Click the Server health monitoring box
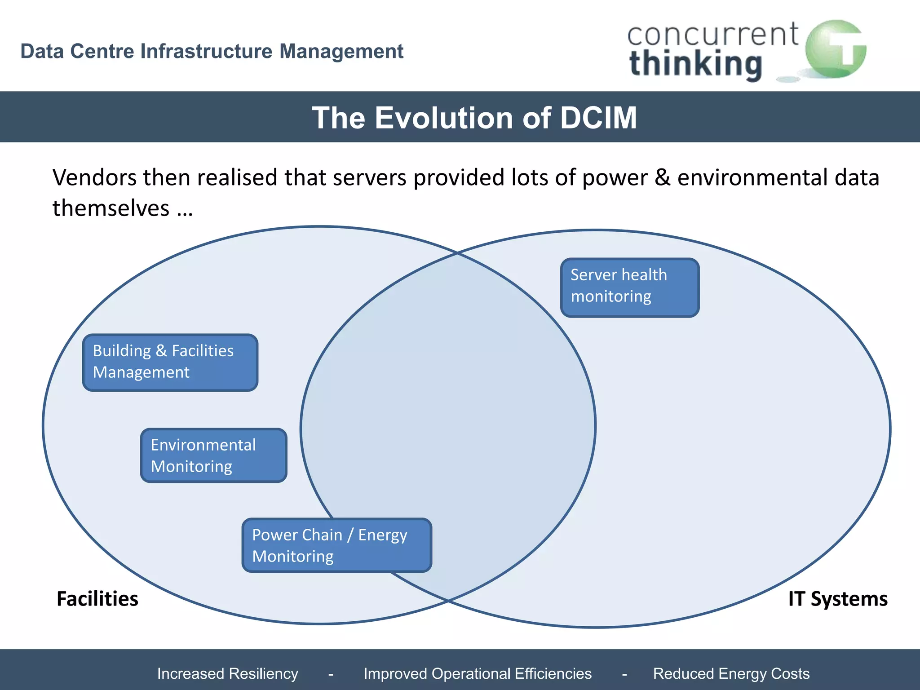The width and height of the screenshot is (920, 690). [630, 287]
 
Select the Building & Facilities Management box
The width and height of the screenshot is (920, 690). [170, 362]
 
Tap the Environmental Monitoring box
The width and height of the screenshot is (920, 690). [213, 455]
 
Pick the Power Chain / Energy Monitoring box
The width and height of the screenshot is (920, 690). [336, 545]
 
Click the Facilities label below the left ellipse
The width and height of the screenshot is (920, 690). [97, 599]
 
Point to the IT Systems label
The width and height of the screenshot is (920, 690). [838, 599]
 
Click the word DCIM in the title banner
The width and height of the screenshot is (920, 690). [598, 118]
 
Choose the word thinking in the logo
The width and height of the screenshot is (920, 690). [696, 64]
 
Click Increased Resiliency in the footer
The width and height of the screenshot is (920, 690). [227, 673]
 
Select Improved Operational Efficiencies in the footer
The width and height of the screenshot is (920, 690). [478, 673]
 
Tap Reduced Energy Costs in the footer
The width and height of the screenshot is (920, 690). [731, 673]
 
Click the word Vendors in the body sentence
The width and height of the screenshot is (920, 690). [94, 177]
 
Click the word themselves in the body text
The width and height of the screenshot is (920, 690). [111, 208]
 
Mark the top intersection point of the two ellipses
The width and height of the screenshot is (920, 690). [457, 253]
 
